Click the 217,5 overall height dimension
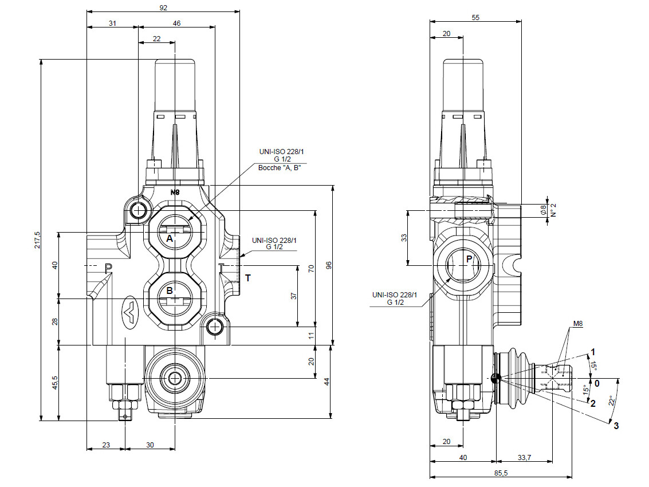pos(38,239)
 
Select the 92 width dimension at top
pos(163,8)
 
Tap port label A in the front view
pos(170,239)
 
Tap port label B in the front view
pos(170,290)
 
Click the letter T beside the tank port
pos(248,278)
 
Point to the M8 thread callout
pos(578,324)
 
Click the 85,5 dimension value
pos(501,473)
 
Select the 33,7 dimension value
pos(524,458)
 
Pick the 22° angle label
pos(612,401)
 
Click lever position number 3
pos(616,426)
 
